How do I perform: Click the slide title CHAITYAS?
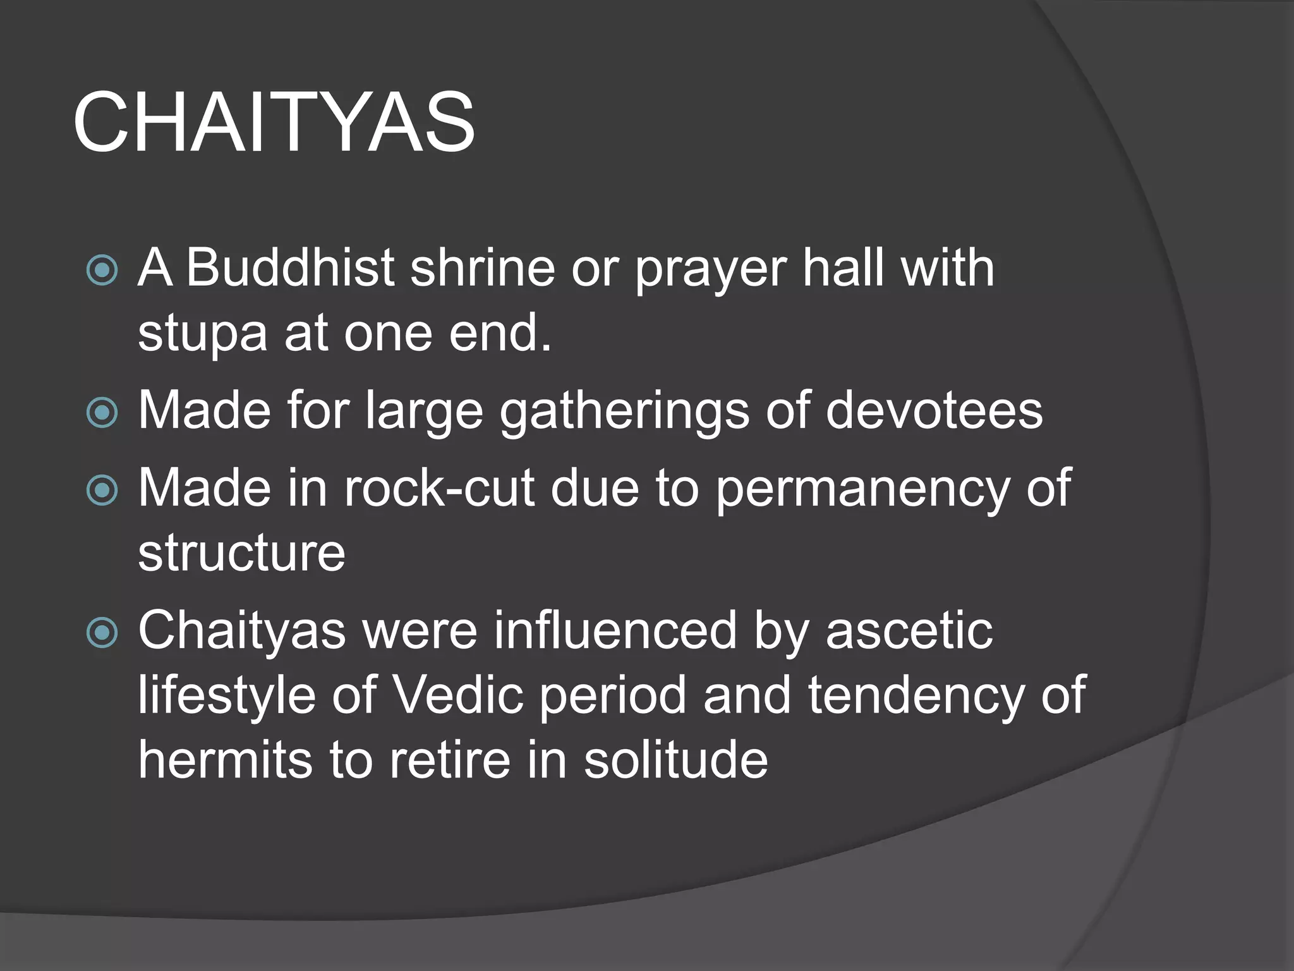pos(274,121)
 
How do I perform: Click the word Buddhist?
pos(291,267)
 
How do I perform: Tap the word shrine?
pos(483,267)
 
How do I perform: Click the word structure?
pos(241,553)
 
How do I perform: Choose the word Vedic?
pos(459,695)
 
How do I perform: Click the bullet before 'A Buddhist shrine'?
pos(102,271)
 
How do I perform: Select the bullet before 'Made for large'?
pos(102,413)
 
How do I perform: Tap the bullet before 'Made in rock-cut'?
pos(102,491)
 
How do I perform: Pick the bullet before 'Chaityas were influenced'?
pos(102,633)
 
